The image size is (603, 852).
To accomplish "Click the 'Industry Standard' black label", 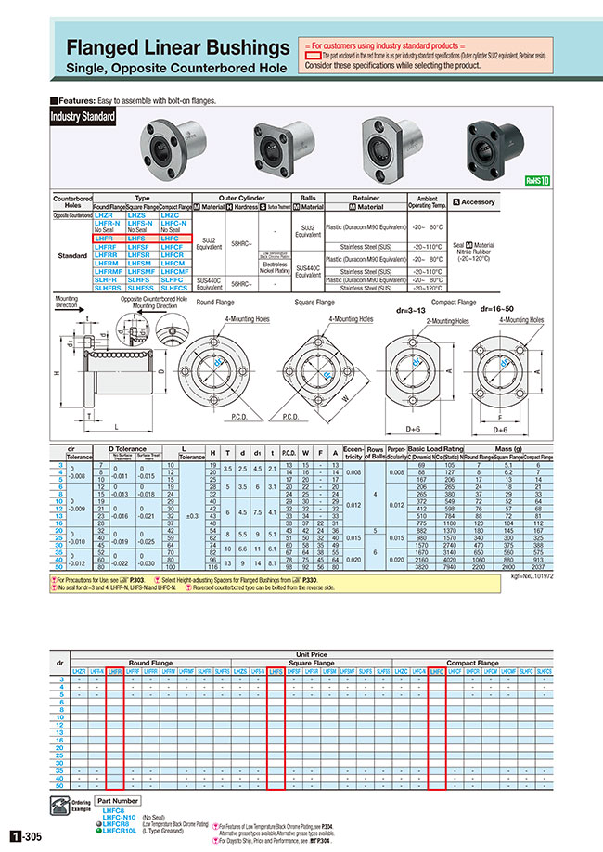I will coord(83,117).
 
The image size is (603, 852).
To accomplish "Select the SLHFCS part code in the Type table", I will coord(173,289).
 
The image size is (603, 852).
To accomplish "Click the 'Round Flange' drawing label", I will coord(216,302).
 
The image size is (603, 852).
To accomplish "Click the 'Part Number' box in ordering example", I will coord(118,799).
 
